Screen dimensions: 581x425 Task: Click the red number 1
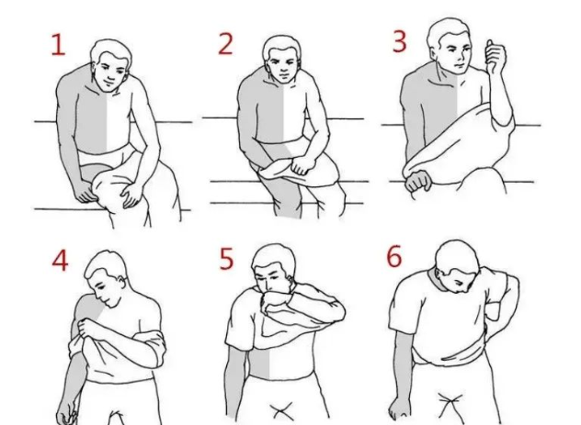(58, 45)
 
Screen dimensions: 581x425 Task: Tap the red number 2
(225, 44)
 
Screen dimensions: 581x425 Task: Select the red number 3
(399, 41)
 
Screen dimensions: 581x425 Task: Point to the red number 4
(60, 260)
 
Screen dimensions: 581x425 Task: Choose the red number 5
(226, 259)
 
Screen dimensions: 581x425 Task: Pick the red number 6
(393, 256)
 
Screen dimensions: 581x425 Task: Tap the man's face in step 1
(109, 73)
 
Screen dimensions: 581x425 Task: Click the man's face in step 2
(282, 68)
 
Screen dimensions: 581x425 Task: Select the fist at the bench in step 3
(418, 182)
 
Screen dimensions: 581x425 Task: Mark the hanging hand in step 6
(399, 408)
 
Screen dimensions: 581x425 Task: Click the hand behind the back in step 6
(494, 306)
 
